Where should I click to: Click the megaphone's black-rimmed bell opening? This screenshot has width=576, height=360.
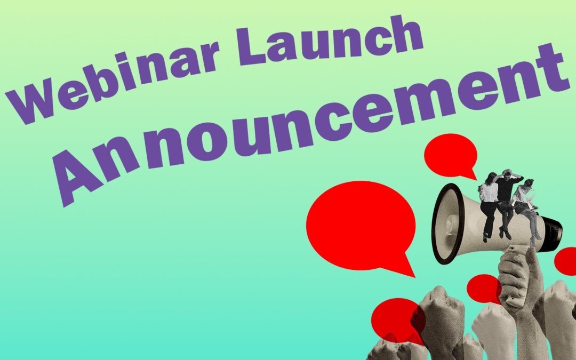(x=445, y=224)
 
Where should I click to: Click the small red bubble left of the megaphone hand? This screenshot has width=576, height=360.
(x=482, y=288)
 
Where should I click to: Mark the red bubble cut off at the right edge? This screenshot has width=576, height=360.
(x=566, y=261)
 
